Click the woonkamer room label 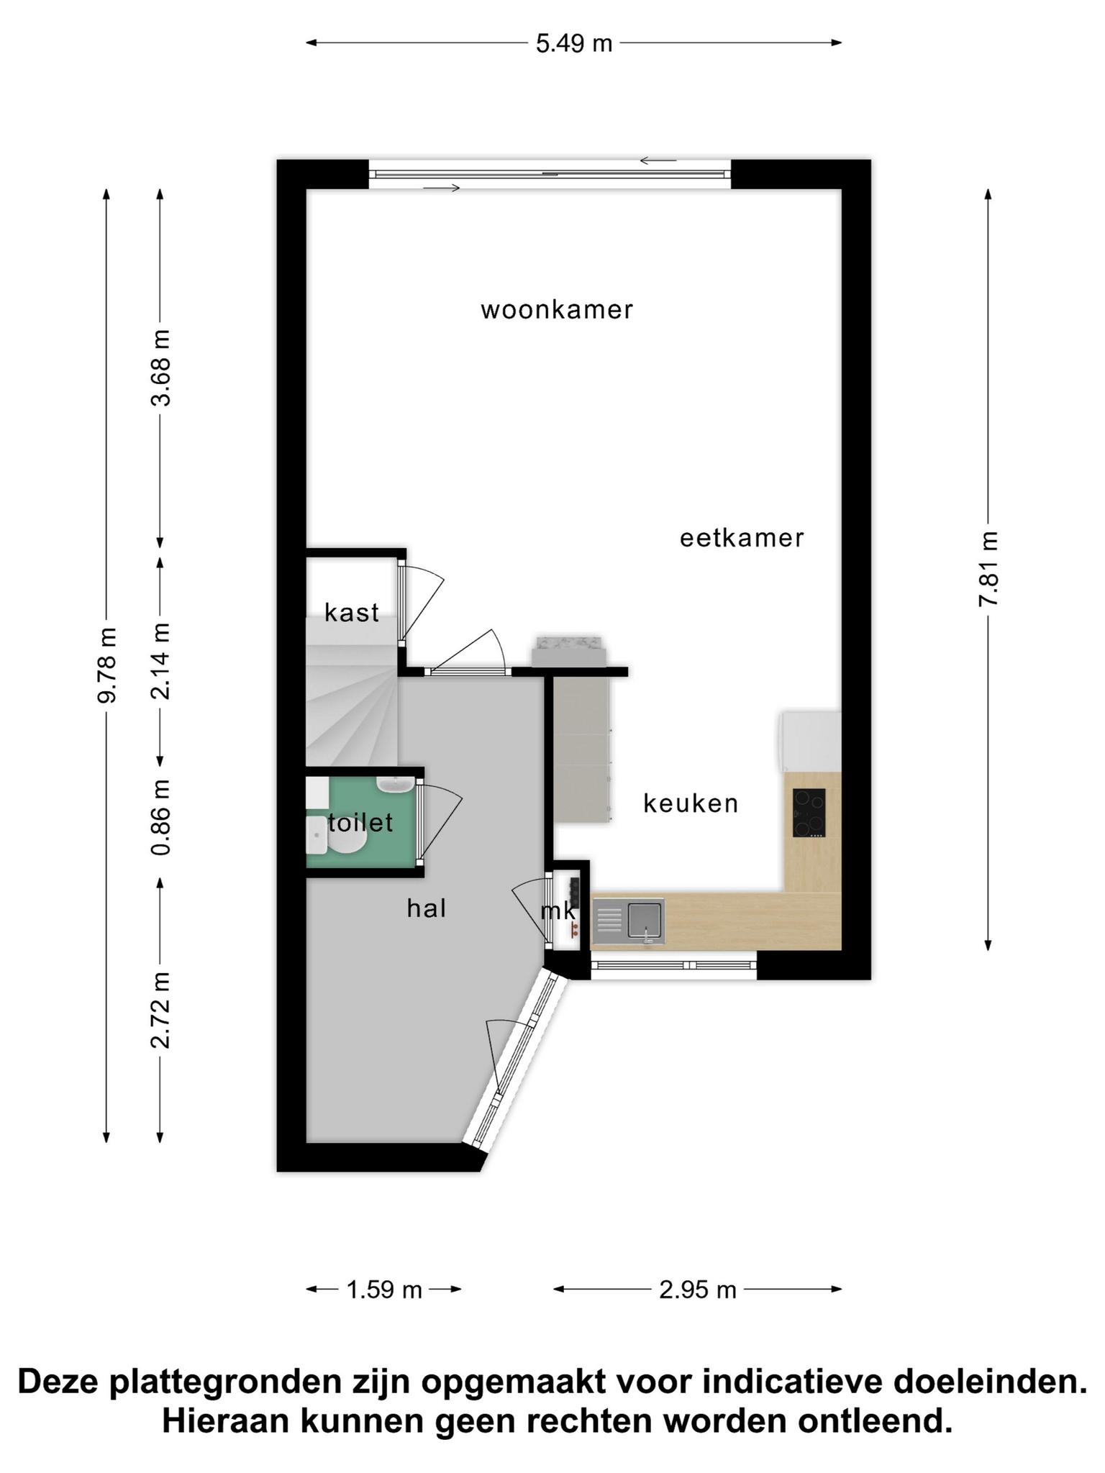557,310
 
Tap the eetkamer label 742,538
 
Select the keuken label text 691,803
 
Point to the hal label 427,908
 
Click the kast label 352,613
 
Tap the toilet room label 360,823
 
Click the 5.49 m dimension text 574,44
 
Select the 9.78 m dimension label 107,665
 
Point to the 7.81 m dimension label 988,569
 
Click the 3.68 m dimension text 160,368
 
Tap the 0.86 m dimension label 160,817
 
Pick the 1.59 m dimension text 384,1290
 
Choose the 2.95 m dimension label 698,1290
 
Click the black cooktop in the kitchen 809,813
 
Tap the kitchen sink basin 645,920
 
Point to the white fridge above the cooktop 811,742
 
